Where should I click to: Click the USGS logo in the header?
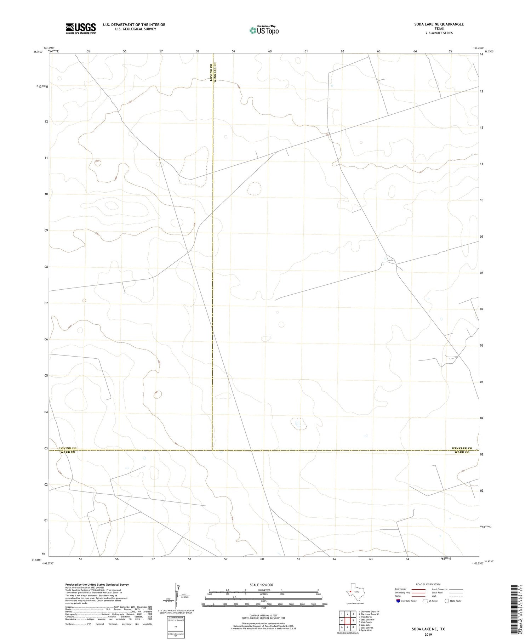[x=81, y=28]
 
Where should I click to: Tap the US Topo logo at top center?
[x=264, y=30]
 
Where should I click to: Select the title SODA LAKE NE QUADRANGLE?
[x=439, y=24]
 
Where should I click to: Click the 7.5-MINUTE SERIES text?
[x=439, y=33]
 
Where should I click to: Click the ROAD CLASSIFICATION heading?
[x=428, y=584]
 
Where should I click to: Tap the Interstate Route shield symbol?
[x=398, y=601]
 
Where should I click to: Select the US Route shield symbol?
[x=426, y=601]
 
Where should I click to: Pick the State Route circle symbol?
[x=447, y=601]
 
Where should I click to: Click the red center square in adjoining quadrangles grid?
[x=348, y=620]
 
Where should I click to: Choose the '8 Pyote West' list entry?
[x=365, y=630]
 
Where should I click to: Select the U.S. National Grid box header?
[x=176, y=618]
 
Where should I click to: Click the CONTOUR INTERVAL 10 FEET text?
[x=263, y=615]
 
